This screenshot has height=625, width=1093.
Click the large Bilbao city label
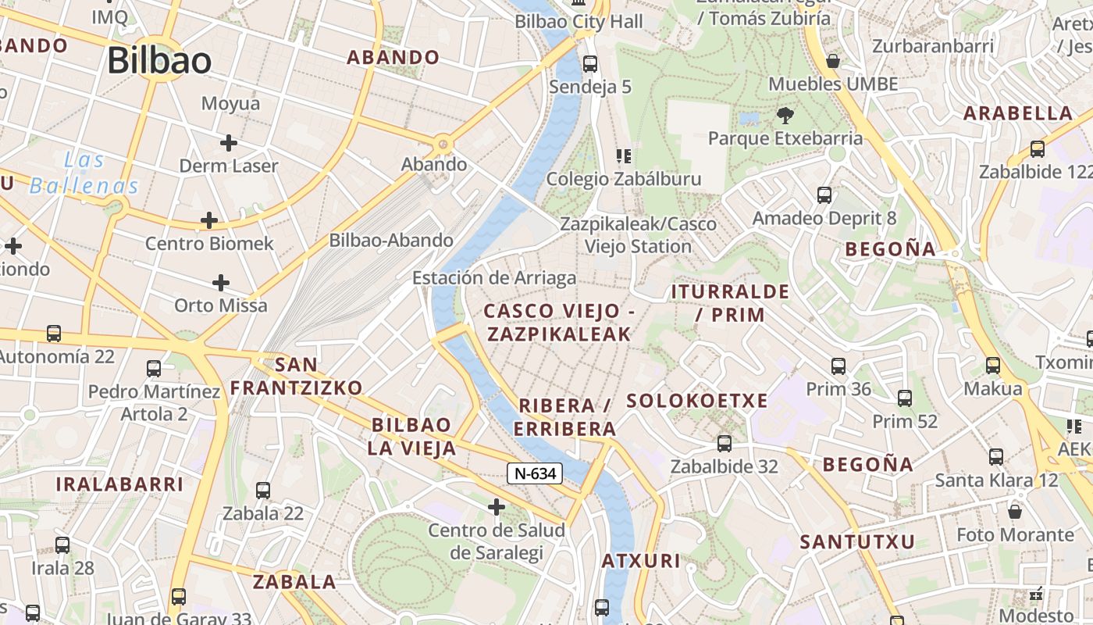(159, 60)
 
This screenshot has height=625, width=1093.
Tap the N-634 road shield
(535, 473)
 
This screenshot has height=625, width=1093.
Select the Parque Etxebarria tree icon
(785, 116)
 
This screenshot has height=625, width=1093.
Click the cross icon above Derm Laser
(228, 143)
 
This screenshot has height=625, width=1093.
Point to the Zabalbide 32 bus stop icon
(725, 444)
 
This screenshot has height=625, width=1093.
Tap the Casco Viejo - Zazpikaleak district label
(559, 322)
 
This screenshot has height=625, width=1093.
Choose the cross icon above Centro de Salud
(496, 508)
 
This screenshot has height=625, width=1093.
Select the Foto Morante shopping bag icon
(1015, 512)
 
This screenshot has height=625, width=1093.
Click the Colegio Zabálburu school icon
(623, 156)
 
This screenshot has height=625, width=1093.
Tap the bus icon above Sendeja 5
(590, 64)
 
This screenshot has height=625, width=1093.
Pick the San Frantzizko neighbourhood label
(296, 376)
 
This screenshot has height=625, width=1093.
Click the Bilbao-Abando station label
(391, 240)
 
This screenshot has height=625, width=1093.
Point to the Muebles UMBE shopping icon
(833, 61)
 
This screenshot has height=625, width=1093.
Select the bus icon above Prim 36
(838, 366)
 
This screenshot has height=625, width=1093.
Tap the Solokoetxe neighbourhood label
(697, 401)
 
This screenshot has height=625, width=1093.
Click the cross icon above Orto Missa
(221, 282)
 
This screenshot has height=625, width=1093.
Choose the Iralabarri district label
(119, 484)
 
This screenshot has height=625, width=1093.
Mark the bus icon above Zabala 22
(263, 491)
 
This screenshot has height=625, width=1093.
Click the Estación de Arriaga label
(494, 277)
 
